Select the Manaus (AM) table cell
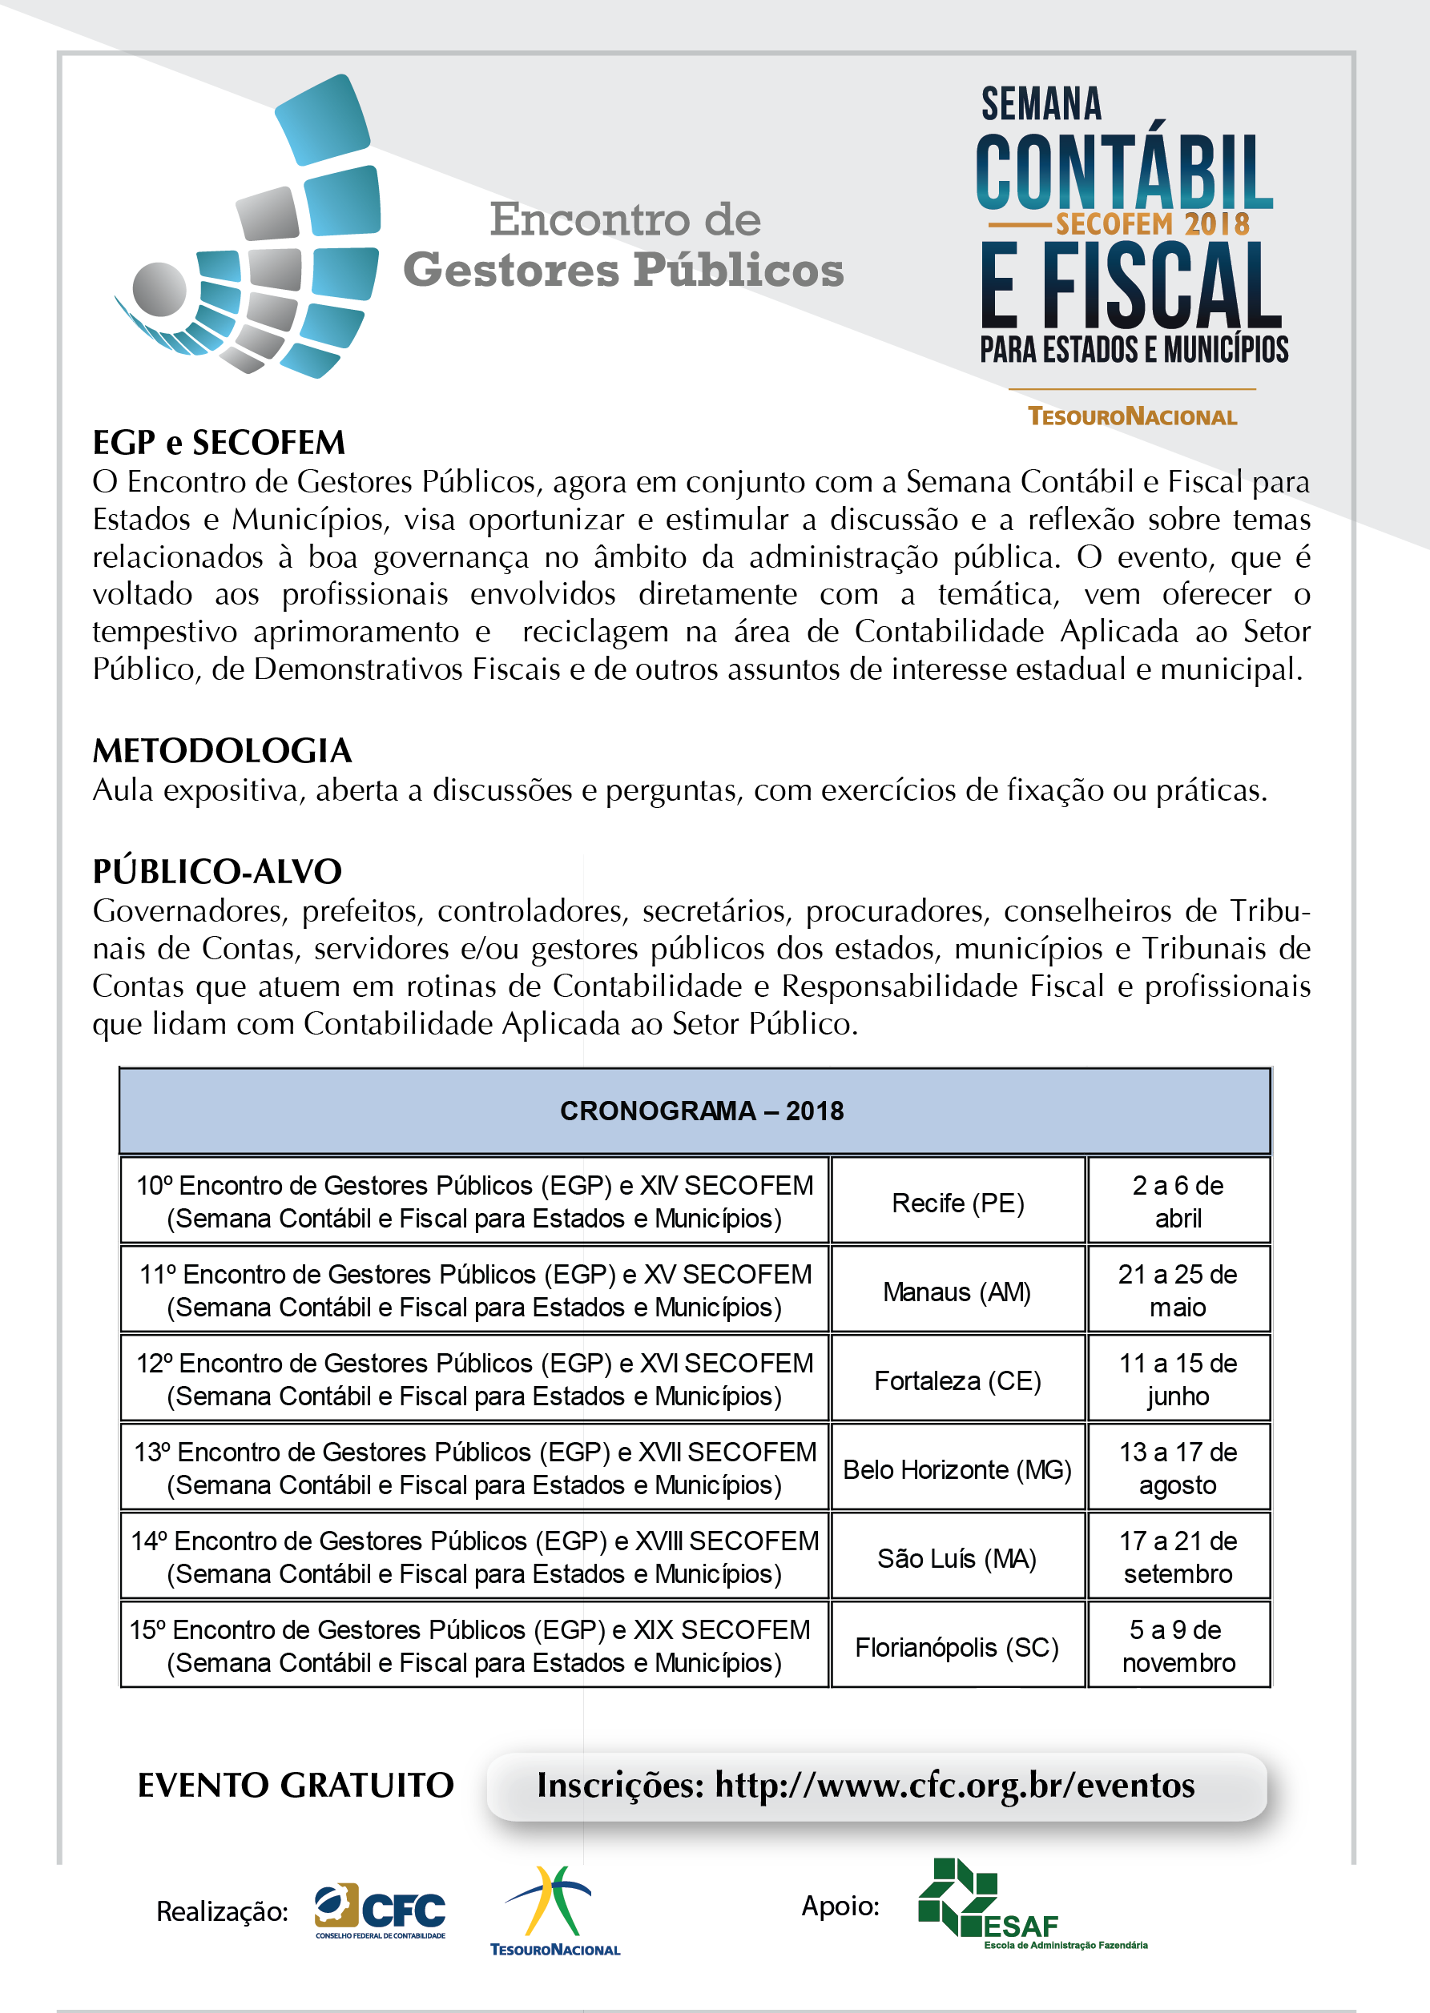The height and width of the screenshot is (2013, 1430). (957, 1292)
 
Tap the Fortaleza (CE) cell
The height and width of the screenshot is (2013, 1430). (957, 1380)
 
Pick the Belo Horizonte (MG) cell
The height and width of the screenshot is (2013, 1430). (957, 1469)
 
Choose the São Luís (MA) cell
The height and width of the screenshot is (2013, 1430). (957, 1558)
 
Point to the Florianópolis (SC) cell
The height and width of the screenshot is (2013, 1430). (957, 1647)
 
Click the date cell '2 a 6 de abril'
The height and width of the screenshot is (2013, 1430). (1178, 1201)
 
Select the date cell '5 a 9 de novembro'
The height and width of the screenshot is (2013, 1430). (1178, 1646)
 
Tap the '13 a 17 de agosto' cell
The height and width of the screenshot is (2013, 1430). (1178, 1469)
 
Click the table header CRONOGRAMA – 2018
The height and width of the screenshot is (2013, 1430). (702, 1111)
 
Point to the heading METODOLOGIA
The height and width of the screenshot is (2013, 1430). (223, 751)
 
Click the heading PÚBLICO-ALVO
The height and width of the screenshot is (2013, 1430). (217, 871)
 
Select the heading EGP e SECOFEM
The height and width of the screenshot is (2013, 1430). (220, 443)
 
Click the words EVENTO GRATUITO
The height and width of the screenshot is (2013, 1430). (296, 1785)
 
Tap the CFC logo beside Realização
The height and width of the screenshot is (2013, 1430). (381, 1911)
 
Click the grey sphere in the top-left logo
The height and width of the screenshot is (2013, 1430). (159, 289)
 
